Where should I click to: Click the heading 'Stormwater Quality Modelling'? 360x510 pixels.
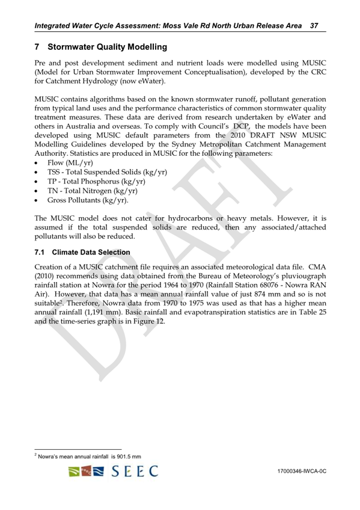[106, 46]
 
